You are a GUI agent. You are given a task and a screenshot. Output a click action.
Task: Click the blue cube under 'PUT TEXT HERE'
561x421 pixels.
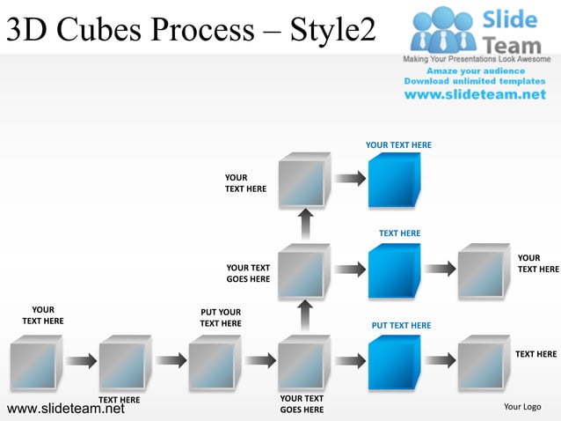(393, 361)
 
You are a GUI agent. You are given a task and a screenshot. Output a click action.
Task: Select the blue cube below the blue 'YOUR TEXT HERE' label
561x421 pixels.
(393, 180)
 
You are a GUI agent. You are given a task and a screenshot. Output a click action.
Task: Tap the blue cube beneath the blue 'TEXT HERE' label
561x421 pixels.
(393, 270)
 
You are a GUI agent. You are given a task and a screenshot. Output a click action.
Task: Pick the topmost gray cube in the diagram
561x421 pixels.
(303, 181)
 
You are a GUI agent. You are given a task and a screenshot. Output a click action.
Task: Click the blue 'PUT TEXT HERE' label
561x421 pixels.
(401, 325)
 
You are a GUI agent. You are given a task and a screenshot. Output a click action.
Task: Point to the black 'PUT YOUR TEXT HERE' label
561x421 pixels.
(220, 317)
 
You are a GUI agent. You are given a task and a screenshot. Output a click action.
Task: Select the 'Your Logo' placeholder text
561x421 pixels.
(521, 406)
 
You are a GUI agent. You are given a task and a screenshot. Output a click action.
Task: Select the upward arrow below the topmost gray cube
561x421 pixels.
(304, 225)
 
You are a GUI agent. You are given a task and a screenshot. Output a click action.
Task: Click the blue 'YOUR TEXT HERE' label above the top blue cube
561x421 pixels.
(398, 144)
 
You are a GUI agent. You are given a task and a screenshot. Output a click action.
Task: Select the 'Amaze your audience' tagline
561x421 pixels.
(475, 70)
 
